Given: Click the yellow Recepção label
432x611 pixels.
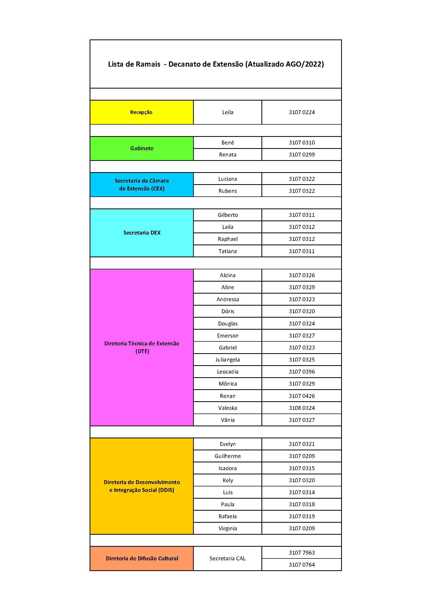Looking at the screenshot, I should click(x=141, y=112).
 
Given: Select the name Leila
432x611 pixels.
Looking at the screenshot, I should click(x=228, y=112).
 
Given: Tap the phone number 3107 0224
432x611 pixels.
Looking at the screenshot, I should click(x=302, y=112).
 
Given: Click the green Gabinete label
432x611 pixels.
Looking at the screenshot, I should click(x=142, y=148).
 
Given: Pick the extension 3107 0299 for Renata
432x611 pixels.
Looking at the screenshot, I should click(x=302, y=155).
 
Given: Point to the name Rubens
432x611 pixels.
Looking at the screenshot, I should click(x=228, y=191).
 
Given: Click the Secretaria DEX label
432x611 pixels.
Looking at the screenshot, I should click(x=142, y=233).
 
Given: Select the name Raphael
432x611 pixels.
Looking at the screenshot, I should click(x=228, y=239).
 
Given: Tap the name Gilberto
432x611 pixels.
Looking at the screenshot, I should click(x=228, y=215).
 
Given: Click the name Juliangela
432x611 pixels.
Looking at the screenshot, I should click(x=228, y=360).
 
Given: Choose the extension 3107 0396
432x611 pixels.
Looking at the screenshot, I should click(x=302, y=372).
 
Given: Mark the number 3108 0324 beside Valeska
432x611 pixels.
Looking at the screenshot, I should click(x=302, y=408).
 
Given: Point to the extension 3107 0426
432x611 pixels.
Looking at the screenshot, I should click(x=302, y=396).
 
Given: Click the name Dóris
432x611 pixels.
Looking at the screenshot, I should click(x=228, y=311).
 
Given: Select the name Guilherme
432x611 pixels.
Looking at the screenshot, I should click(x=228, y=456).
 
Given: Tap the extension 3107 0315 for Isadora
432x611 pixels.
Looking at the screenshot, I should click(x=302, y=468).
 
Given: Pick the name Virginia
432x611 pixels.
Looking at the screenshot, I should click(x=228, y=528).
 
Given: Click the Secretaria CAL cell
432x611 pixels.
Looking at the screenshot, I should click(x=227, y=558).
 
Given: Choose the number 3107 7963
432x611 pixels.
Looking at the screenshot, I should click(x=302, y=553).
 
